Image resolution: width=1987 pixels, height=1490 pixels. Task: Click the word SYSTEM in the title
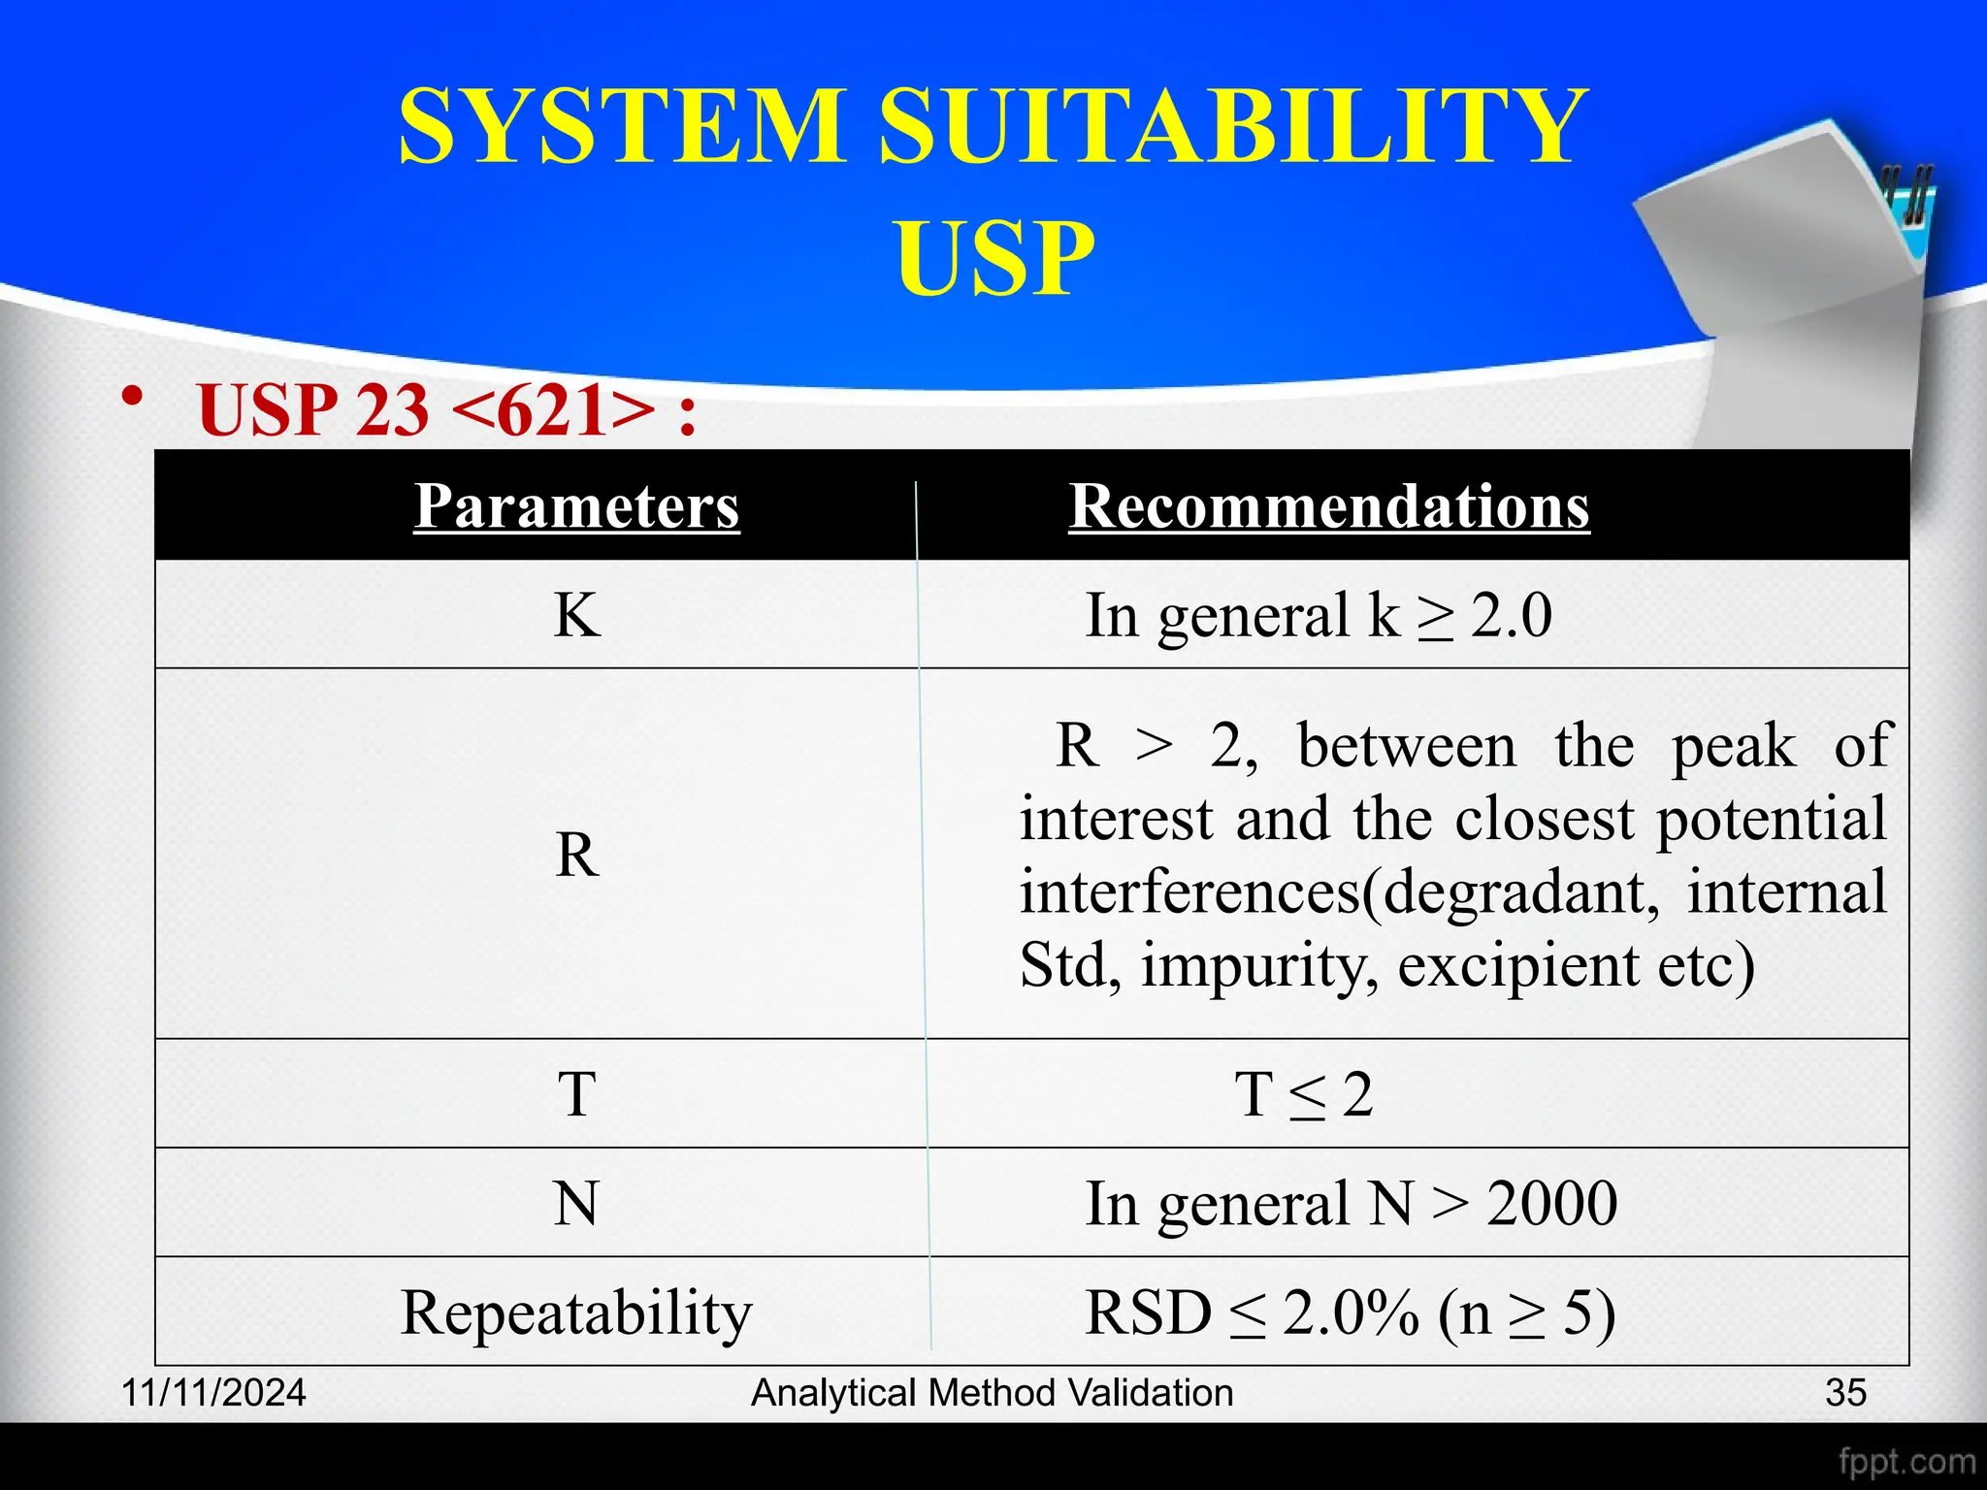[620, 126]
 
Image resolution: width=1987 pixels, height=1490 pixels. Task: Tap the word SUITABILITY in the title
[1233, 126]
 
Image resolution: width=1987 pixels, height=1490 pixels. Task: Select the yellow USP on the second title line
[994, 258]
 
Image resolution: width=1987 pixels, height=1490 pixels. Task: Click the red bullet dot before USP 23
[133, 398]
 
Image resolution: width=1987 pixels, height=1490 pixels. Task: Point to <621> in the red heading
[553, 410]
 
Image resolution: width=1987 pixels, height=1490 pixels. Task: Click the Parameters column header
[576, 506]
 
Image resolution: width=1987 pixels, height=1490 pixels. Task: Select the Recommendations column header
[1329, 506]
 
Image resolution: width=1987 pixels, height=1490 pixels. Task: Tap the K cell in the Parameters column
[576, 615]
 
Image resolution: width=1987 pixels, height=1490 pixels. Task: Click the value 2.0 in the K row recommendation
[1511, 615]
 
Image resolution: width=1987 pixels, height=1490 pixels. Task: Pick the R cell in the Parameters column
[576, 855]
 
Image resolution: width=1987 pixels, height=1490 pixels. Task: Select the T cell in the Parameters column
[576, 1094]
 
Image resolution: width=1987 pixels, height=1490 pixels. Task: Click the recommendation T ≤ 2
[1303, 1094]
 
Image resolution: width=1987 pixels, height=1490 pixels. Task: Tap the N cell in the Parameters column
[576, 1203]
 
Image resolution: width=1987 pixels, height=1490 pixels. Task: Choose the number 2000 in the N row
[1551, 1203]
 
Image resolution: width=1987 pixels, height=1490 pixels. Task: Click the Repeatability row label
[576, 1312]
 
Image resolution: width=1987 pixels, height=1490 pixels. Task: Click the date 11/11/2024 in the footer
[213, 1393]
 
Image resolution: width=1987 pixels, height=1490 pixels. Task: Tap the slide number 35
[1845, 1393]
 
